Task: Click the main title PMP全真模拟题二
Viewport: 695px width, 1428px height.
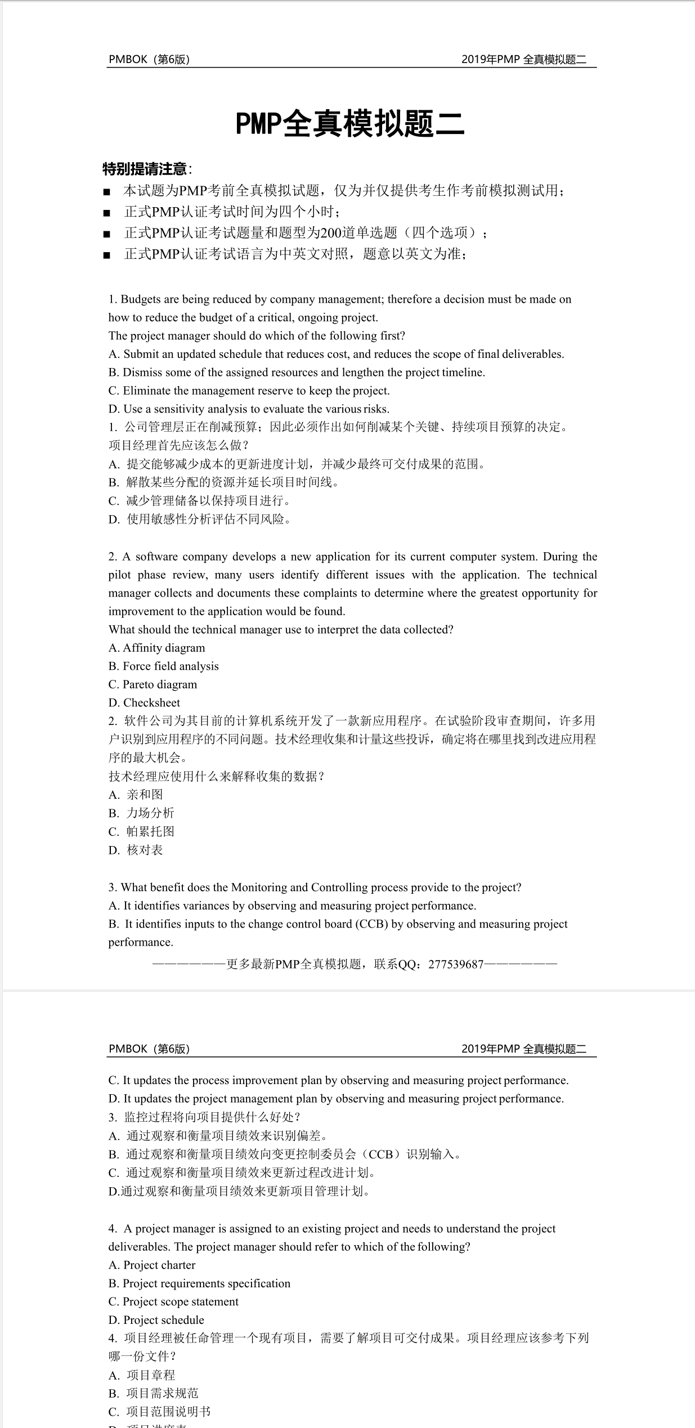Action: pyautogui.click(x=349, y=124)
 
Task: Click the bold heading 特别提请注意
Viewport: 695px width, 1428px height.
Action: pyautogui.click(x=145, y=169)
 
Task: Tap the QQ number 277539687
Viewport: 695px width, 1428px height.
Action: pyautogui.click(x=456, y=964)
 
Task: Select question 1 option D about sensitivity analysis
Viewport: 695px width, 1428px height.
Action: pyautogui.click(x=249, y=409)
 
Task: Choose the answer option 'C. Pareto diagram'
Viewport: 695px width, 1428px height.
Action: pyautogui.click(x=153, y=684)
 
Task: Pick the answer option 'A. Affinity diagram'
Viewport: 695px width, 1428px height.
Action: pyautogui.click(x=156, y=648)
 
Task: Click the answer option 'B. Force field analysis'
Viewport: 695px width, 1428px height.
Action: pyautogui.click(x=163, y=666)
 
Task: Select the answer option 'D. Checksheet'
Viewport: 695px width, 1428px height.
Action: pyautogui.click(x=144, y=702)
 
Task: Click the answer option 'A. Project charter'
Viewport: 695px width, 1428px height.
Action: pyautogui.click(x=152, y=1265)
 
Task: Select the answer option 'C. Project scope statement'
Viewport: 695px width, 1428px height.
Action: pyautogui.click(x=173, y=1301)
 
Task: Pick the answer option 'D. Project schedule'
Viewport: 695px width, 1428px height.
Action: pyautogui.click(x=156, y=1320)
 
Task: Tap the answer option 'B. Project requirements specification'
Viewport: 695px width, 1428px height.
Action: pyautogui.click(x=199, y=1283)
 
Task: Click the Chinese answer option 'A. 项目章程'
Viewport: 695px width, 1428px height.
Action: pyautogui.click(x=142, y=1375)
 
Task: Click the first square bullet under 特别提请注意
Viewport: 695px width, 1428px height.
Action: pyautogui.click(x=107, y=192)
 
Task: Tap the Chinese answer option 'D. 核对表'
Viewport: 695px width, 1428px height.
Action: pyautogui.click(x=136, y=850)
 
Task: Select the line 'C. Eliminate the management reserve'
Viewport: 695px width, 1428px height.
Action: pyautogui.click(x=249, y=391)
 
